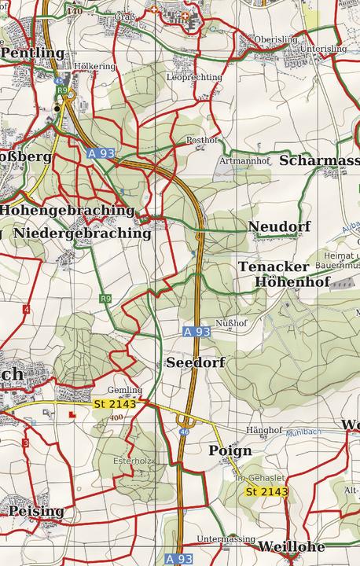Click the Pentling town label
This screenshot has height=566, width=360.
click(x=33, y=53)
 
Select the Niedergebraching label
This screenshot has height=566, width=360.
click(x=82, y=233)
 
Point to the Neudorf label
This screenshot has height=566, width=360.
click(x=279, y=227)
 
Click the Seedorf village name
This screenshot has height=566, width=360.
click(x=196, y=362)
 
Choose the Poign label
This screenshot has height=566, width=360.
click(x=230, y=450)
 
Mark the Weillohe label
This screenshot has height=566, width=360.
click(x=291, y=547)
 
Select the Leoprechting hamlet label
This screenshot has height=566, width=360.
click(x=194, y=78)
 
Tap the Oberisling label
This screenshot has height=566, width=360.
click(x=275, y=39)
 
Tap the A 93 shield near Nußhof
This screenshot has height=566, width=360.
click(x=197, y=333)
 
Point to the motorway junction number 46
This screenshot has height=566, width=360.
click(x=184, y=432)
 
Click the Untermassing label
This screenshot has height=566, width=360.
click(x=226, y=539)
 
